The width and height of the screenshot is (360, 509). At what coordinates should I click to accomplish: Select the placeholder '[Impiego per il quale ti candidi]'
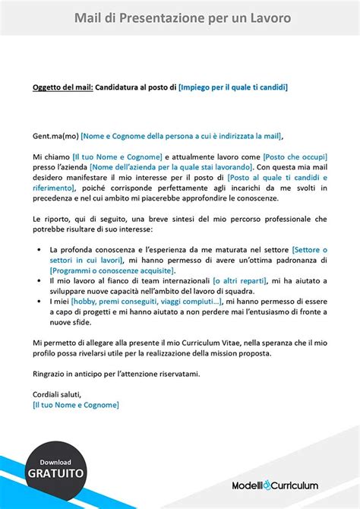point(232,87)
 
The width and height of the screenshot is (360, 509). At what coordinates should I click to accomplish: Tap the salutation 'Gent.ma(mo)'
point(55,137)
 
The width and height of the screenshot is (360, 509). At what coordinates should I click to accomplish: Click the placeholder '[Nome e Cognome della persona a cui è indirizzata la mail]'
point(180,137)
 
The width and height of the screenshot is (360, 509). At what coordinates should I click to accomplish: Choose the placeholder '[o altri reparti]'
point(241,281)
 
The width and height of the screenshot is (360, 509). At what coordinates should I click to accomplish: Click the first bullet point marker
point(39,250)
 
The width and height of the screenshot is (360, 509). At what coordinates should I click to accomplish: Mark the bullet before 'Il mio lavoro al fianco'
point(39,281)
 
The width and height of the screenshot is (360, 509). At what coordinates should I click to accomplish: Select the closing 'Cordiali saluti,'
point(57,394)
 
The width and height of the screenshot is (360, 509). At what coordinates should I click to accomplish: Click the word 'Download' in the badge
point(55,461)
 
